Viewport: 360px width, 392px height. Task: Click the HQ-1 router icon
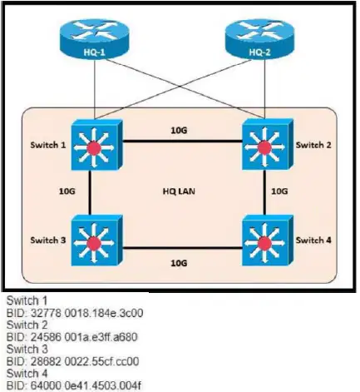95,38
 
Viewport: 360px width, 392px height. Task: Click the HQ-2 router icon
259,38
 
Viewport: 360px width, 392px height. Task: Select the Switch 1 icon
96,145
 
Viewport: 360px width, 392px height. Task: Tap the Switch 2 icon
268,145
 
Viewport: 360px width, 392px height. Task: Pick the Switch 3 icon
96,241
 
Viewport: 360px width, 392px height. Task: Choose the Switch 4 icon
268,241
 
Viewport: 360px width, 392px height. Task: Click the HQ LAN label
179,191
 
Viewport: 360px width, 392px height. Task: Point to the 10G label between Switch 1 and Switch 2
179,130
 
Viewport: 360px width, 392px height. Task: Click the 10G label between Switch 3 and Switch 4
179,263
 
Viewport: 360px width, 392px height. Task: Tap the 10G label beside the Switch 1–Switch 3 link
67,191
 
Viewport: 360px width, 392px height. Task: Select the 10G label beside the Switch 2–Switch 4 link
279,191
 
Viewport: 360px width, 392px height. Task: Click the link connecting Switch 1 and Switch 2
182,141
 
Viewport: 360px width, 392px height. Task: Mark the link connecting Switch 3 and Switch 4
182,248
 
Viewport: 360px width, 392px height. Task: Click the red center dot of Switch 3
94,243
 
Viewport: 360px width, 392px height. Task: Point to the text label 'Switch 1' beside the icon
48,145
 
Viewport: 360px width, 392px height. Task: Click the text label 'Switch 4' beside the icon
313,241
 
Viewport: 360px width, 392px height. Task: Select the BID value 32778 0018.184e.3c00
86,313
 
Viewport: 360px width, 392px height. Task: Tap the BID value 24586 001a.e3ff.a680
84,337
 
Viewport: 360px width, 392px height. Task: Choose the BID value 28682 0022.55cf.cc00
85,361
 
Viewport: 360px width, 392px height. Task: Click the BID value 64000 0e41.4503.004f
86,385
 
